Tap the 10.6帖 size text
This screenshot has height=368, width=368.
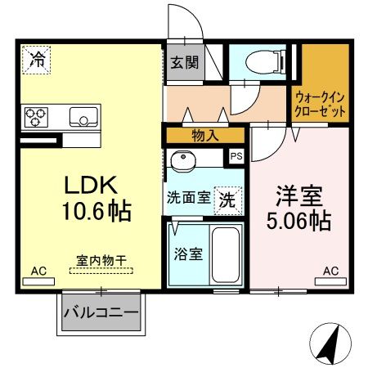point(92,212)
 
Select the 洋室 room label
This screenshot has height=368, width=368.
point(298,195)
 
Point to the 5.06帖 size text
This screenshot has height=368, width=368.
point(298,220)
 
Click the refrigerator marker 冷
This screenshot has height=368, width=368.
point(37,58)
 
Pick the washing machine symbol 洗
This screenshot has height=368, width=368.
point(228,198)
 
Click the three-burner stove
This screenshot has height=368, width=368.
point(36,116)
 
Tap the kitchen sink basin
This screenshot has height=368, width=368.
point(83,115)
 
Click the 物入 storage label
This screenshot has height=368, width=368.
point(204,135)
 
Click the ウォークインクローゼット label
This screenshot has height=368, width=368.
point(320,103)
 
